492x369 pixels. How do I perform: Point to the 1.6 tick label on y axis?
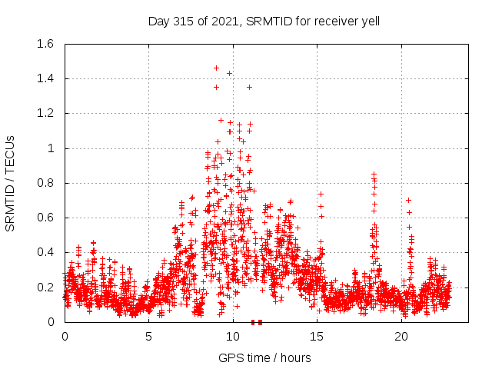tap(45, 44)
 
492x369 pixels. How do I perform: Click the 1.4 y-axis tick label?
tap(45, 78)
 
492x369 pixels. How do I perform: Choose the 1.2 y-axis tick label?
tap(45, 113)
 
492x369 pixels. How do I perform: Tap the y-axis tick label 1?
tap(52, 148)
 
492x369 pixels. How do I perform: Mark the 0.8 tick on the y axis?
tap(45, 183)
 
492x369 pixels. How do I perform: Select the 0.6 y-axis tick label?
tap(45, 218)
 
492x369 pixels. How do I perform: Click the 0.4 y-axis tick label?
tap(45, 252)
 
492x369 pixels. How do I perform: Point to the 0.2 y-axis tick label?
tap(45, 287)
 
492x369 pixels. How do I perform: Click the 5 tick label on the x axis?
tap(148, 337)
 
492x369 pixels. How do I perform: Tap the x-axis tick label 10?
tap(233, 337)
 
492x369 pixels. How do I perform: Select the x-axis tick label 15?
tap(317, 337)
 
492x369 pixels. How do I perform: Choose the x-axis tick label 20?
tap(401, 337)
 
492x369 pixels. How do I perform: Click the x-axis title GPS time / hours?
tap(264, 357)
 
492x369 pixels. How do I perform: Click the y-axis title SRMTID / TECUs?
tap(11, 182)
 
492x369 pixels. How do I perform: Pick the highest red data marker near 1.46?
tap(216, 68)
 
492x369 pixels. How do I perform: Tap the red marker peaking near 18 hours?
tap(374, 175)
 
